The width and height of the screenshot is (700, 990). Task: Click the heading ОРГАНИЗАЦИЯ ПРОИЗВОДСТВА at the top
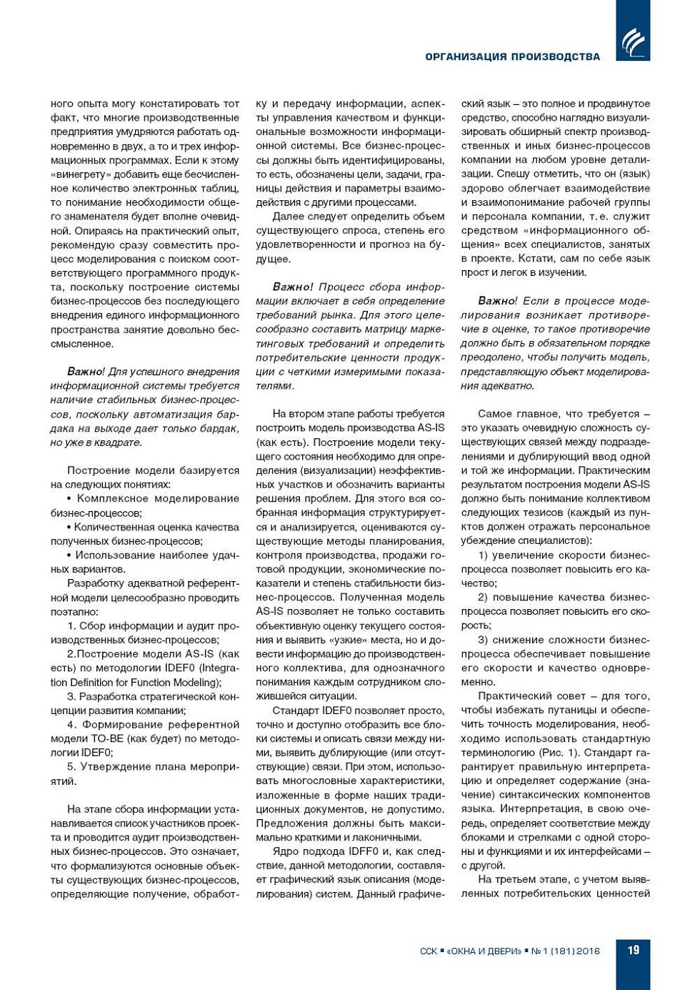(512, 56)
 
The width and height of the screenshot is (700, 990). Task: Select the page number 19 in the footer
(633, 950)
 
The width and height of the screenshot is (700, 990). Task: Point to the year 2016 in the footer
(588, 951)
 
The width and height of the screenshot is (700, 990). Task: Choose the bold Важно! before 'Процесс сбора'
(293, 287)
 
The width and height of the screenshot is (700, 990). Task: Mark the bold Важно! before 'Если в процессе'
(497, 301)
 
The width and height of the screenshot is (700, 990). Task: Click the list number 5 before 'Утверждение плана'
(71, 766)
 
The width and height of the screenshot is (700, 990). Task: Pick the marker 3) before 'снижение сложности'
(483, 640)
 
